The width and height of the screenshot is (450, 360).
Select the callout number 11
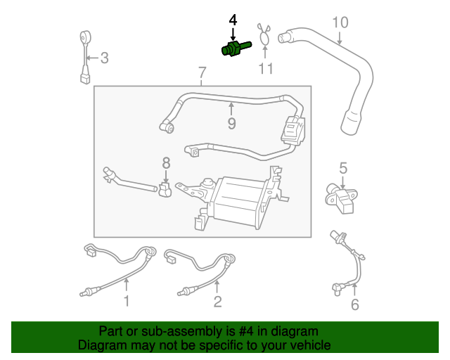coord(265,69)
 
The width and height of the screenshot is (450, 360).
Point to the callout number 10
coord(340,22)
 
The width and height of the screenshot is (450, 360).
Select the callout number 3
coord(103,58)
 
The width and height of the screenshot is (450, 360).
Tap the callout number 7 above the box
coord(202,72)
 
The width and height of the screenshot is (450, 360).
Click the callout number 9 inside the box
coord(231,124)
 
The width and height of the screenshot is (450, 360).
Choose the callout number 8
coord(167,162)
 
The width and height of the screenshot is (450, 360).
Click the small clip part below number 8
coord(166,191)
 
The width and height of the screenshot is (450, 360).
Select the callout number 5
coord(343,168)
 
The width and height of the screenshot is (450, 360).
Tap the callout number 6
coord(354,304)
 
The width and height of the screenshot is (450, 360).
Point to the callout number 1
coord(127,302)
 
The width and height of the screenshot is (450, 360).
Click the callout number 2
coord(217,302)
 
